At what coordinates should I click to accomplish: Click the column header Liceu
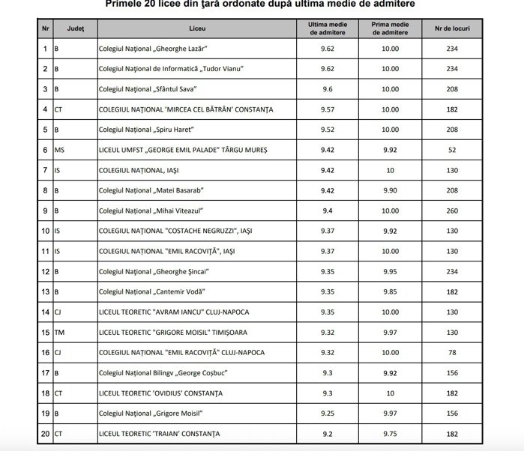click(x=198, y=28)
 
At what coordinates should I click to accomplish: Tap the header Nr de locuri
click(x=452, y=28)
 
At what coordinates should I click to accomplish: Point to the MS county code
click(x=59, y=150)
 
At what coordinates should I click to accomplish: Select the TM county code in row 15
click(x=59, y=331)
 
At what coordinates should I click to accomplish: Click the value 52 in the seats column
click(x=452, y=150)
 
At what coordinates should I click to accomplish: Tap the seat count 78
click(x=452, y=351)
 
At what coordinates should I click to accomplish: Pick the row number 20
click(x=46, y=432)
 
